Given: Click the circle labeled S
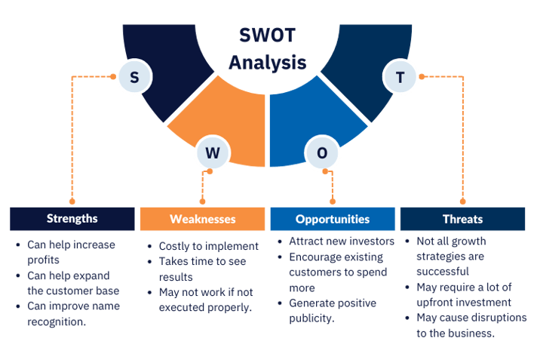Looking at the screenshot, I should click(135, 77).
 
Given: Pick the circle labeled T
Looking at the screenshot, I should click(400, 77).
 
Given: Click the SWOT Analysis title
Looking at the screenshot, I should click(268, 49).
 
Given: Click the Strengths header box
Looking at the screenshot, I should click(72, 219).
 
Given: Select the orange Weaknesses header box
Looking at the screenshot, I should click(202, 219).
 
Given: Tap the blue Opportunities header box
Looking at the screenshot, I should click(332, 219).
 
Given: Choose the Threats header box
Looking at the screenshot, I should click(462, 219).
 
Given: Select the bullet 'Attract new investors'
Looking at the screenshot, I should click(341, 242).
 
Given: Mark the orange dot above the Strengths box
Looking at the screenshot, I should click(72, 202).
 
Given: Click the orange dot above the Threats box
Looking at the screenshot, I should click(462, 202).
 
